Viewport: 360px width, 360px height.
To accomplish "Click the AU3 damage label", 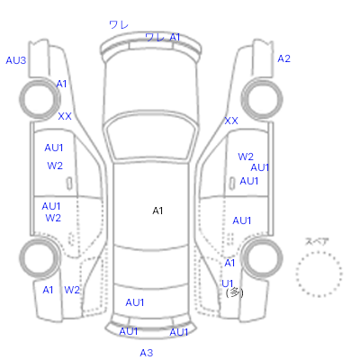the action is click(x=16, y=60).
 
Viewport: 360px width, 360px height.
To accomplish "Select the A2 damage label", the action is click(x=283, y=58).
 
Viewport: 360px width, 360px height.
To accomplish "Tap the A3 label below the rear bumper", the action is click(x=147, y=353).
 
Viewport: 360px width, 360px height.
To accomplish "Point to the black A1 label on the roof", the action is click(x=157, y=211).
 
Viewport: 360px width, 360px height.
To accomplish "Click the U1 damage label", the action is click(x=228, y=283).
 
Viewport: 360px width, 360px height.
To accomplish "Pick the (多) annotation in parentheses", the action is click(x=234, y=292).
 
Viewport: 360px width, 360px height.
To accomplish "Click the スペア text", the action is click(x=317, y=241).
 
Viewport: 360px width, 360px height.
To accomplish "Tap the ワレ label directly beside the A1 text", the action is click(x=155, y=37).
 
